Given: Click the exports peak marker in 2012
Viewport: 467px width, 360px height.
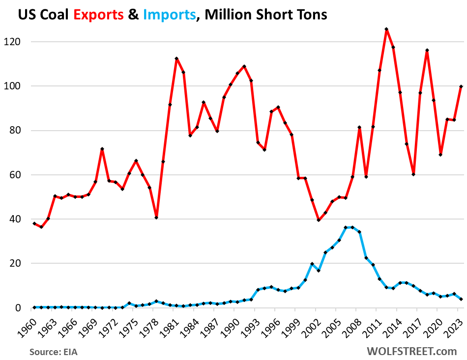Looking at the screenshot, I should click(x=386, y=29).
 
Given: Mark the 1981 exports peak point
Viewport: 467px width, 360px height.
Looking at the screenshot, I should click(x=176, y=59).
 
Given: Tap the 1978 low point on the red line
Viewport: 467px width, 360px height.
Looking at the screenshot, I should click(x=156, y=218).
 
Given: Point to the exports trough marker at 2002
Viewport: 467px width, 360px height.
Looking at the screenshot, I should click(x=319, y=220).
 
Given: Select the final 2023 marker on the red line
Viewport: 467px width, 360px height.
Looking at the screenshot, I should click(x=461, y=86).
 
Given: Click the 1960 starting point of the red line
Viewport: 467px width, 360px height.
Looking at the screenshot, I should click(x=34, y=223).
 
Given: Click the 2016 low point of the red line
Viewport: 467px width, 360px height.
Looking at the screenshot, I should click(x=413, y=174).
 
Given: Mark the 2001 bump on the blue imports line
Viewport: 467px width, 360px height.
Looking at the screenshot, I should click(x=312, y=264).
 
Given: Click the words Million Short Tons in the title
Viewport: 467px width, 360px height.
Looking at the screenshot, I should click(x=266, y=15).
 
